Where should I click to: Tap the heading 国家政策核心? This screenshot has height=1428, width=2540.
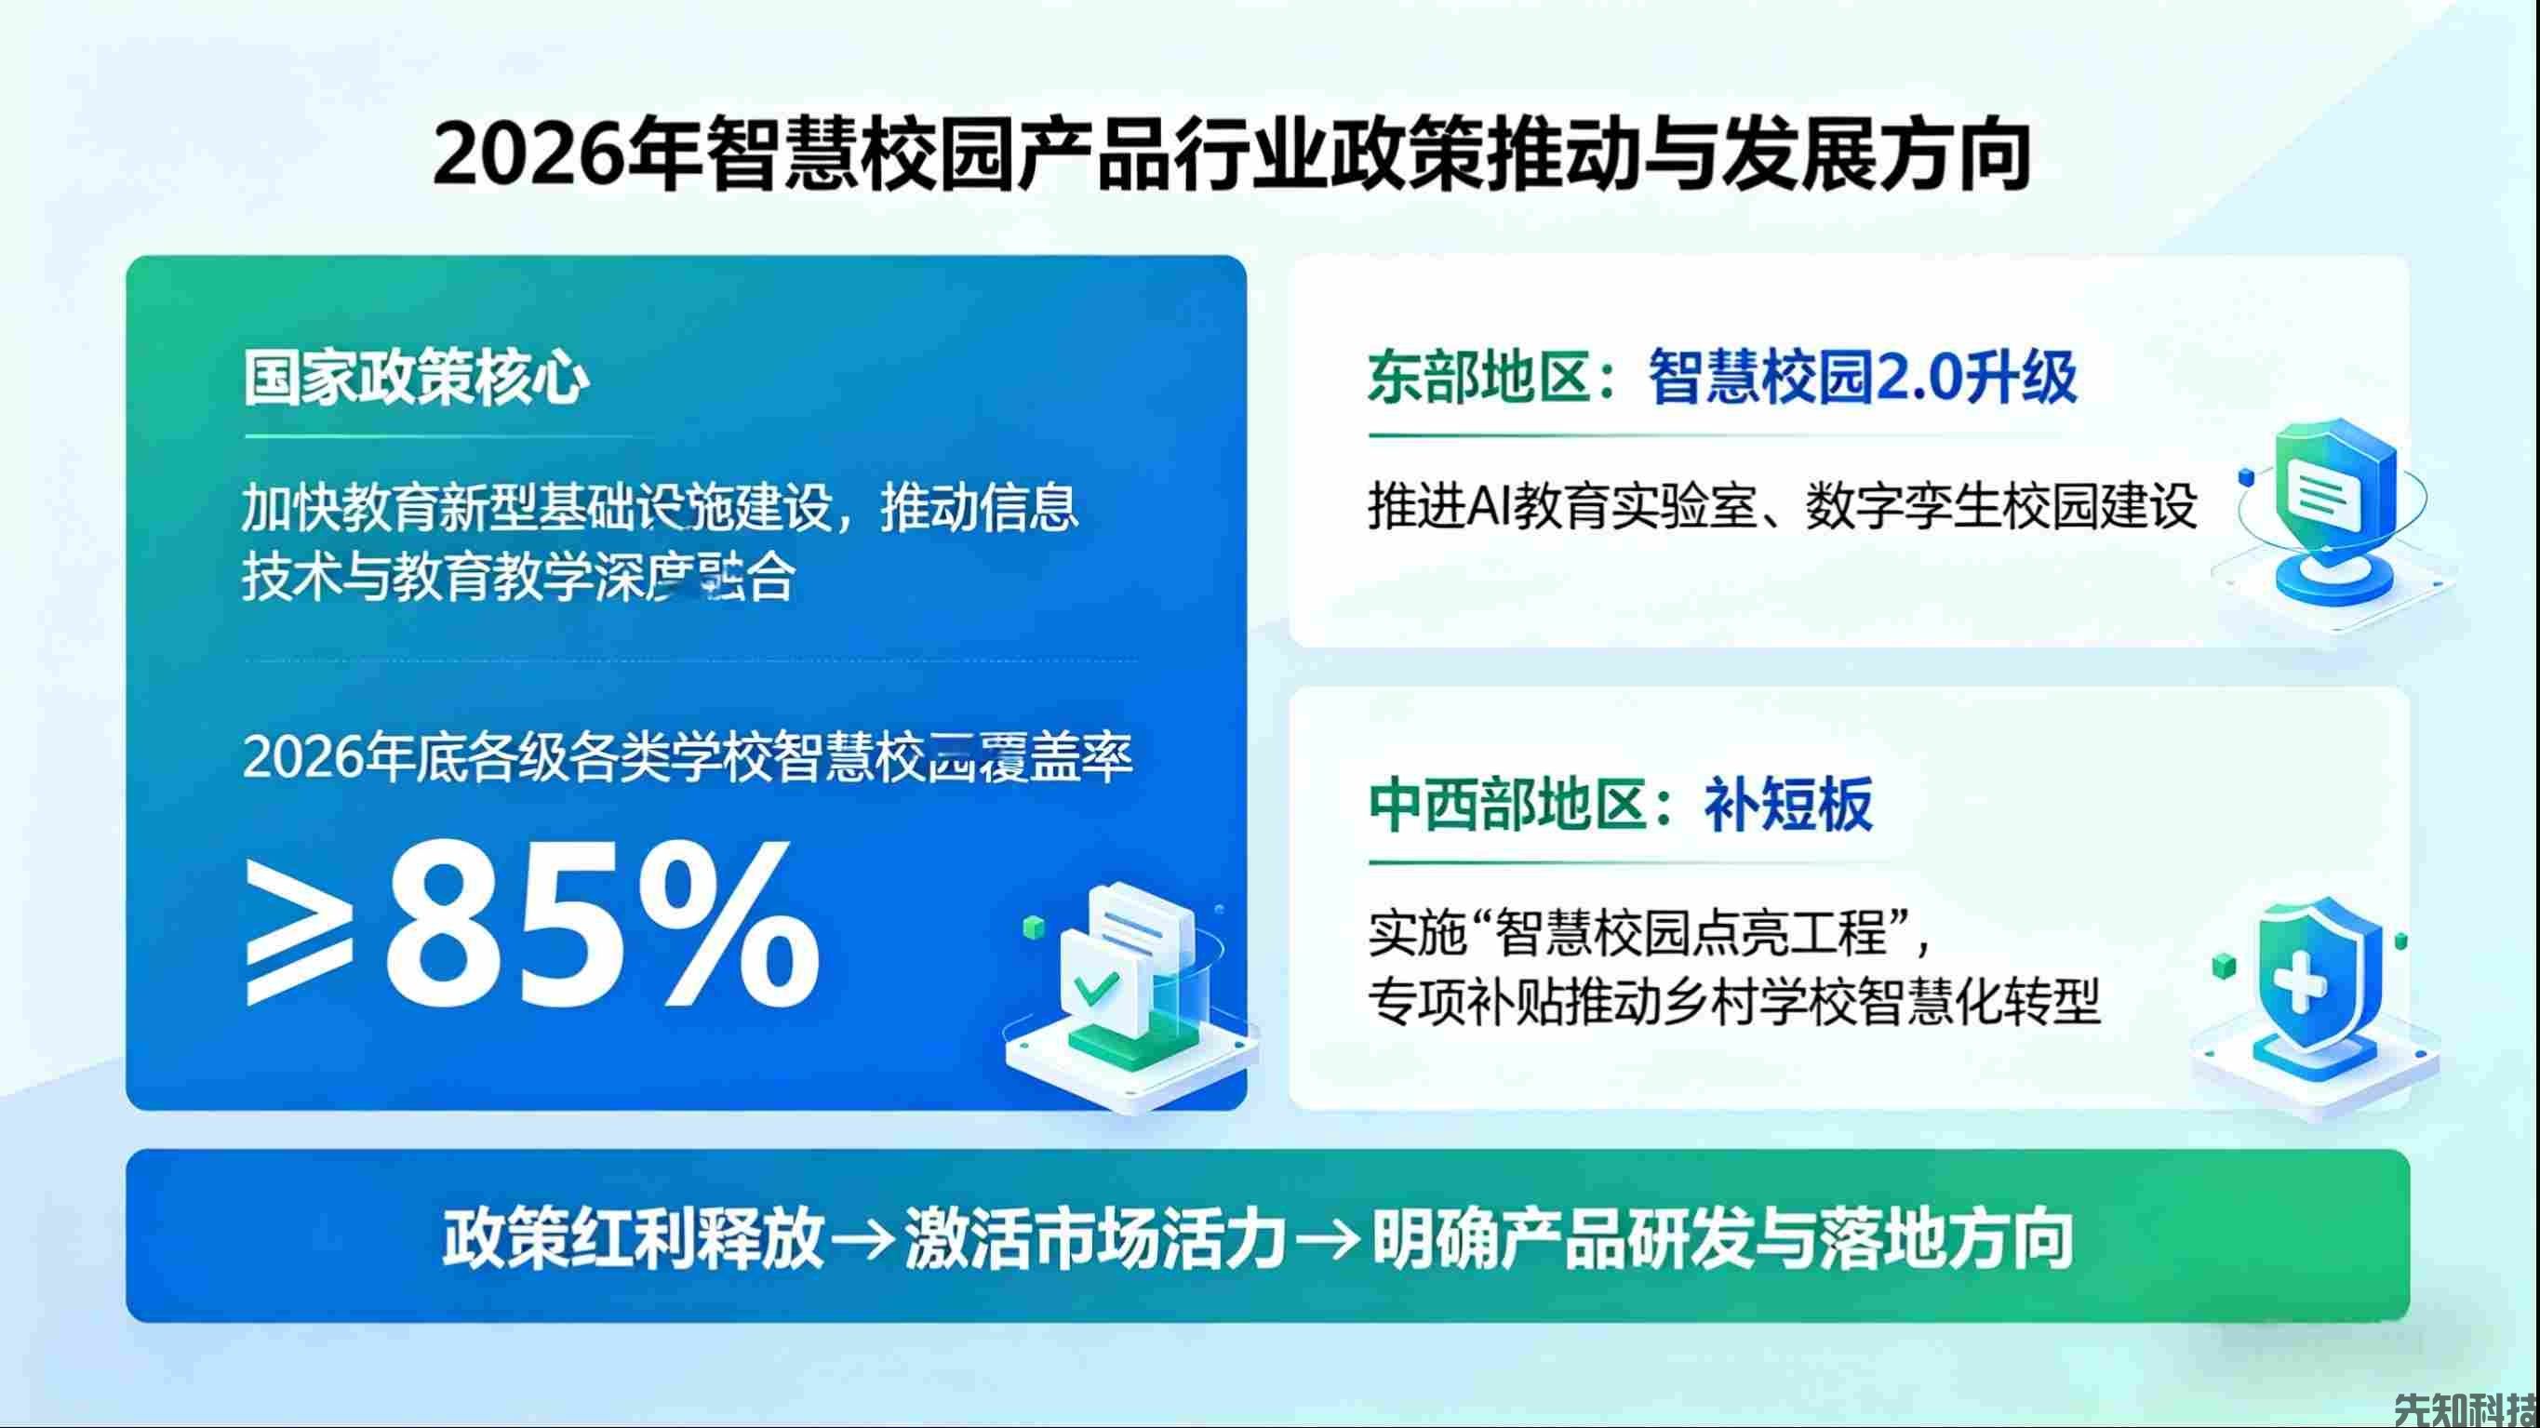tap(415, 378)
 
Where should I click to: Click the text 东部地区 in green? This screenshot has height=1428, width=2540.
tap(1478, 378)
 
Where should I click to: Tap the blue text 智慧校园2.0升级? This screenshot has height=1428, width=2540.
tap(1863, 378)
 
